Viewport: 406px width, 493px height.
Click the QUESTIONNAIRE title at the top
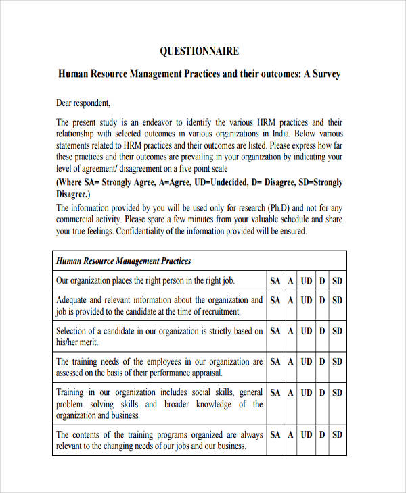(199, 51)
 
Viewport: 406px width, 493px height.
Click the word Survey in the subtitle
(323, 74)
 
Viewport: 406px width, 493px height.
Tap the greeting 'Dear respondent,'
(83, 103)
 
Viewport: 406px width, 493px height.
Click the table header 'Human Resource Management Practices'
(123, 261)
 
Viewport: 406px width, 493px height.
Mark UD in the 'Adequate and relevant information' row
(307, 300)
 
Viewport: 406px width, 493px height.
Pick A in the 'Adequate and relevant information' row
(290, 300)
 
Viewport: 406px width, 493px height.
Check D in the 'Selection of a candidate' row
(322, 331)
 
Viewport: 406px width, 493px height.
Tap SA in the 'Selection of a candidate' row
(275, 331)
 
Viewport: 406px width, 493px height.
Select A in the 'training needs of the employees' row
(290, 362)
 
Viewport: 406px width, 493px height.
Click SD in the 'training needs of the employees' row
(337, 362)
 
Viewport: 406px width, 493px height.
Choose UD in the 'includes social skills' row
(307, 392)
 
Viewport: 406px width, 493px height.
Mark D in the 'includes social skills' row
(322, 392)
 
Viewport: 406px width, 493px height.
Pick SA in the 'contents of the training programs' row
(275, 435)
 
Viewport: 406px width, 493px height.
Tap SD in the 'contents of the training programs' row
(337, 435)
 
